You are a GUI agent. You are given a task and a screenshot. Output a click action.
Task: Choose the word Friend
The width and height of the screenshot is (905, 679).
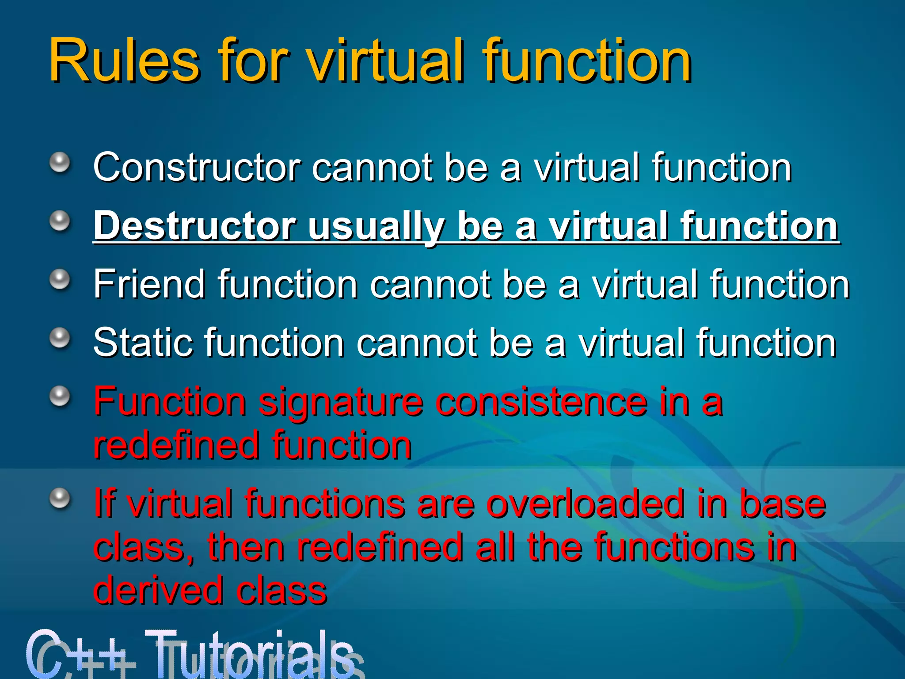[149, 284]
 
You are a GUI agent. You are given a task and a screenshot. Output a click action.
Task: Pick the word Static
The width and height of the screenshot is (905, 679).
[143, 343]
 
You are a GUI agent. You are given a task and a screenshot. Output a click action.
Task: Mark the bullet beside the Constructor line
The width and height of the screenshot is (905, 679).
[60, 163]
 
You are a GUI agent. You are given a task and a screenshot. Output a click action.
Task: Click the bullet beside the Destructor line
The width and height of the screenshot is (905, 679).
[60, 221]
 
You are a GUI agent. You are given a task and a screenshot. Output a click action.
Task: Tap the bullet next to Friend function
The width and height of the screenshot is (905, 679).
[60, 279]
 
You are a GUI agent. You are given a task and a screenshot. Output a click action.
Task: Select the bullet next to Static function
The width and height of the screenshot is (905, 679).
[60, 338]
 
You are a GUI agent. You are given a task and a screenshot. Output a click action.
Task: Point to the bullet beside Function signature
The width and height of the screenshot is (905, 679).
[60, 397]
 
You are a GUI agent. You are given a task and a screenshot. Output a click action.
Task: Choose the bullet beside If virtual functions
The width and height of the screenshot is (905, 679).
[60, 499]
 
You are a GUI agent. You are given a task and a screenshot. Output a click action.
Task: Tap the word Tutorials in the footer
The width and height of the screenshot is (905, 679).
[250, 654]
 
